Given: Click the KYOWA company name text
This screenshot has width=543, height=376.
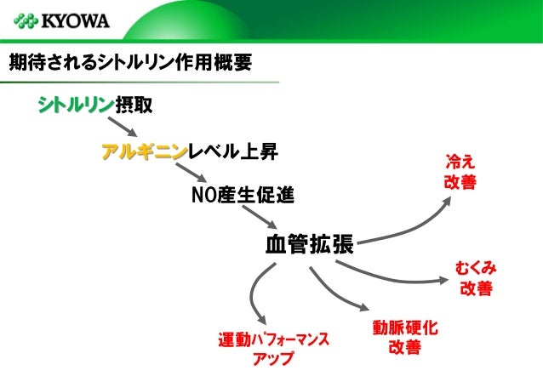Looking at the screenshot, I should click(77, 20).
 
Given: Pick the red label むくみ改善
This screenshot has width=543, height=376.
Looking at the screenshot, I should click(476, 278).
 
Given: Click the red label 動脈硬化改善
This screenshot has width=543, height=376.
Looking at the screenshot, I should click(404, 337).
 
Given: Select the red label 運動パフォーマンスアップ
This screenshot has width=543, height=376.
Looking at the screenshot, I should click(273, 349).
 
